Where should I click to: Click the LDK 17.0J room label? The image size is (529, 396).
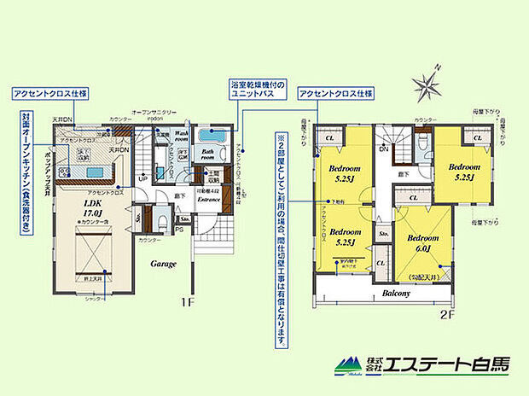pyautogui.click(x=92, y=208)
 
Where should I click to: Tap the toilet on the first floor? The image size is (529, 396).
pyautogui.click(x=160, y=220)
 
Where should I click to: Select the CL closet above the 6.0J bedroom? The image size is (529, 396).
pyautogui.click(x=413, y=198)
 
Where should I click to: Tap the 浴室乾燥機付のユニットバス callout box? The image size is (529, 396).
pyautogui.click(x=262, y=90)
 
